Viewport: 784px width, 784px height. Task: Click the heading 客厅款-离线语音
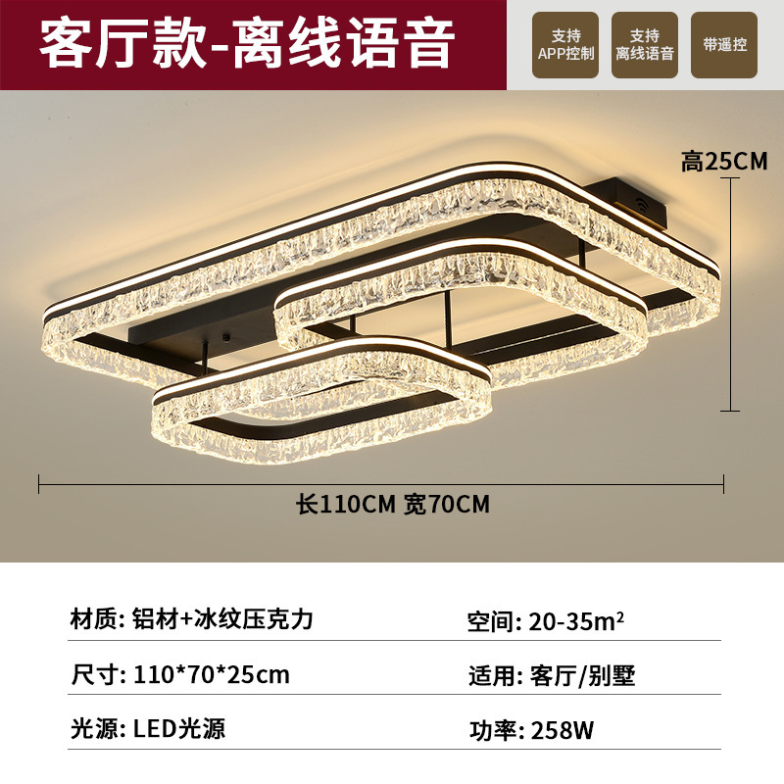tap(247, 44)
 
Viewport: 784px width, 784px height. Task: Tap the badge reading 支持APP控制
tap(566, 45)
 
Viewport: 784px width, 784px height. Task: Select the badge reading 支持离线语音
tap(645, 45)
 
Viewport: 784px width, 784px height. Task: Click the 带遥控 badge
tap(724, 45)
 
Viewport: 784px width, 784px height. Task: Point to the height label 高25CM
tap(725, 162)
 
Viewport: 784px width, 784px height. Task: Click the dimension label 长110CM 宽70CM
tap(392, 505)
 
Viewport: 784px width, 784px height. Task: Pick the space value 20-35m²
tap(576, 621)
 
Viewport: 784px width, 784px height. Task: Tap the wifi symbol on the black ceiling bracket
tap(642, 204)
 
